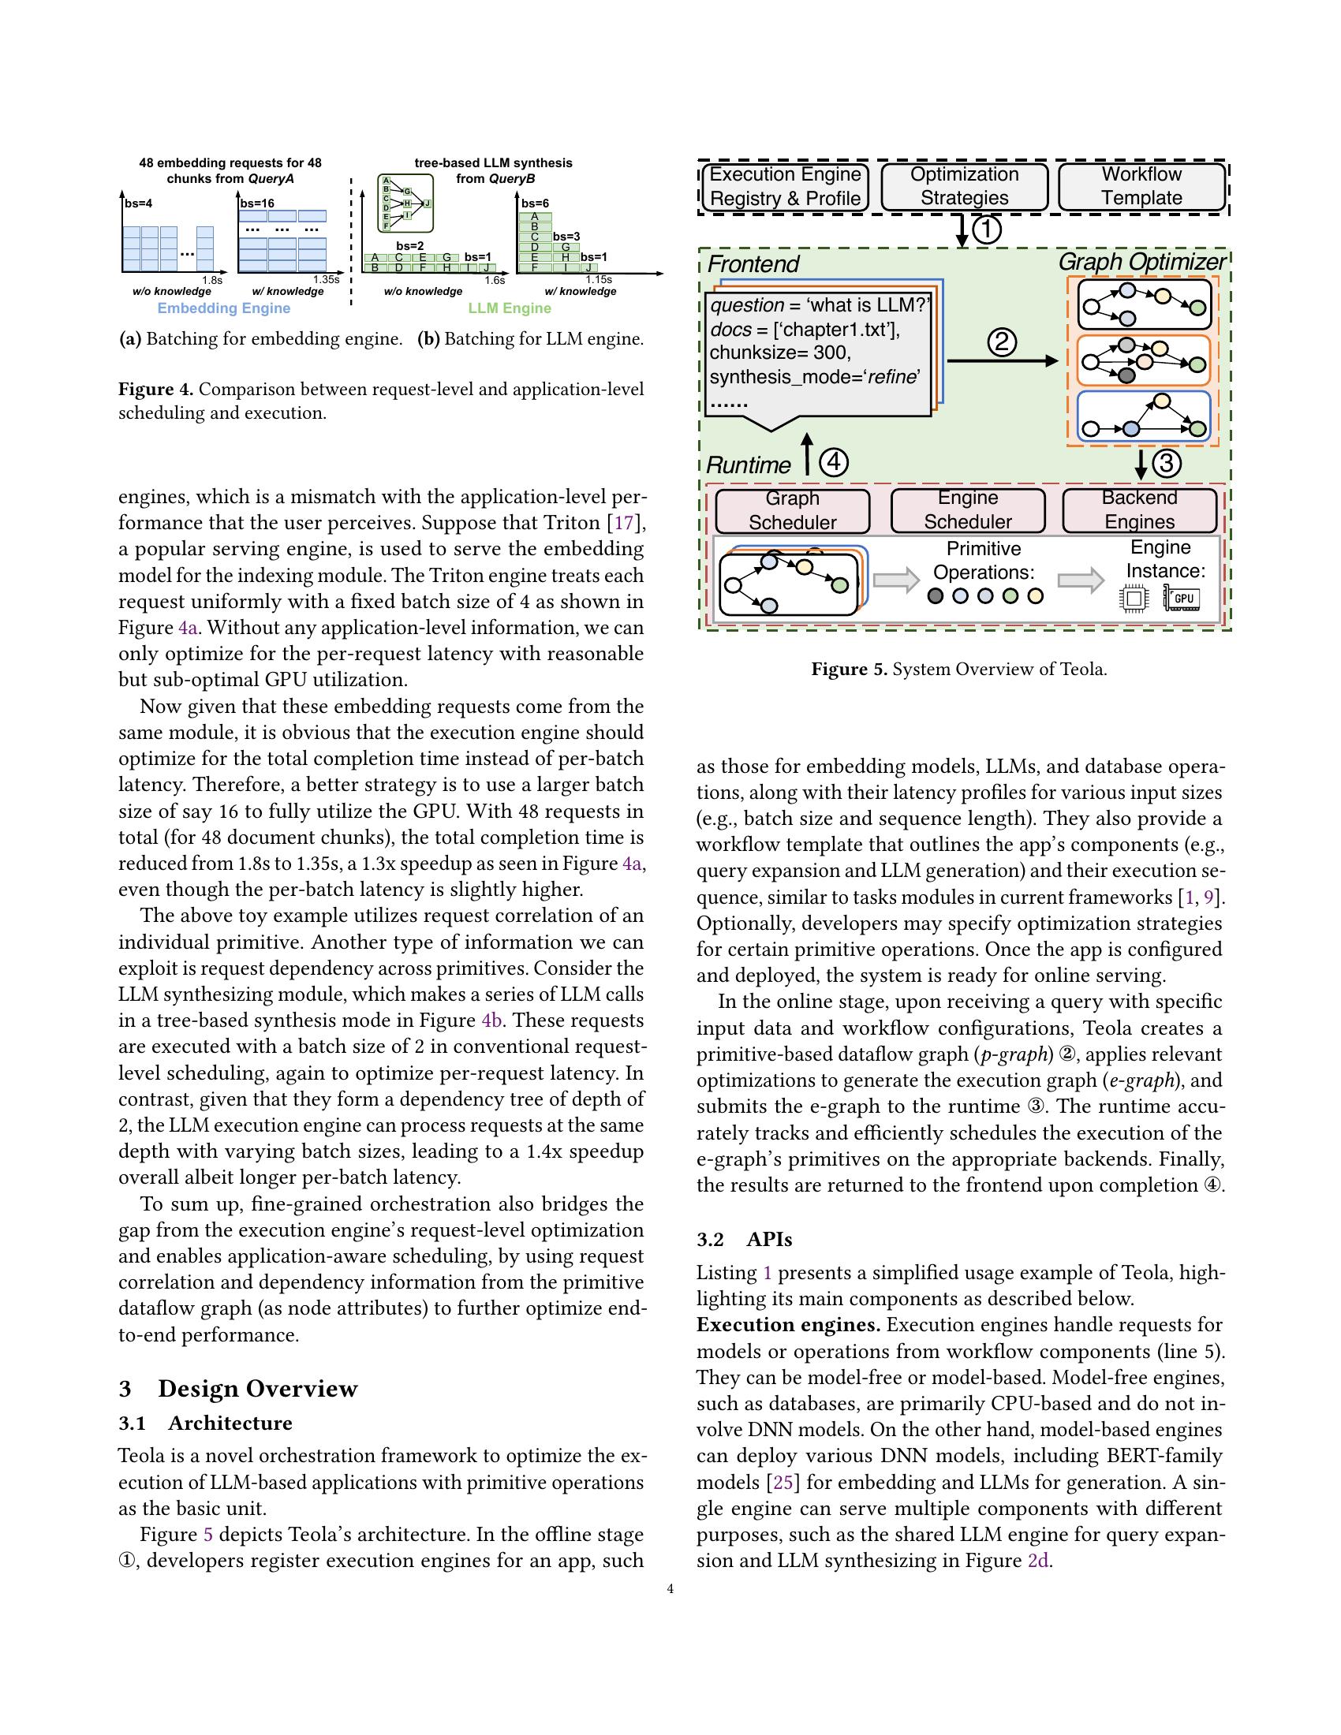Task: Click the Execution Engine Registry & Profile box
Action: [x=785, y=187]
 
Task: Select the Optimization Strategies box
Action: [x=965, y=187]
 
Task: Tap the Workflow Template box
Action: [x=1141, y=187]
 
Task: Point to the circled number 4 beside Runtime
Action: [x=833, y=462]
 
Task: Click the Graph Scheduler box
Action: [x=792, y=511]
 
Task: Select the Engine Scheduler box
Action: [x=968, y=511]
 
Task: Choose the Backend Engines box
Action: [x=1139, y=510]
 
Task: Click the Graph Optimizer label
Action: [x=1142, y=262]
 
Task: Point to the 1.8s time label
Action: [x=212, y=281]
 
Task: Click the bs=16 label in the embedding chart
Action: [x=257, y=204]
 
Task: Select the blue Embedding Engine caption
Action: [x=224, y=308]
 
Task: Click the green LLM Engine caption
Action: [x=510, y=308]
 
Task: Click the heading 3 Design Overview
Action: [x=238, y=1389]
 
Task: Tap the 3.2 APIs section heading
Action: [x=745, y=1240]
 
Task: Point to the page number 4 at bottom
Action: [x=670, y=1590]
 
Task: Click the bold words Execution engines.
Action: [x=788, y=1325]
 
